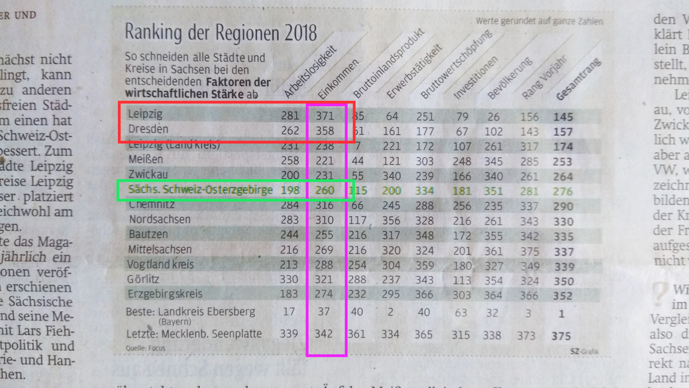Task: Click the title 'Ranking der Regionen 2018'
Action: click(x=221, y=32)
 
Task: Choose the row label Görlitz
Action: click(x=143, y=279)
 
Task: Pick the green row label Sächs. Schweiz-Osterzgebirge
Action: click(x=201, y=190)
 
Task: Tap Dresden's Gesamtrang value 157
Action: click(x=563, y=131)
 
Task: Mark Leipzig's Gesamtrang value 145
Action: click(x=563, y=117)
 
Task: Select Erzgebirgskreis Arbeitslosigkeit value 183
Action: click(x=290, y=294)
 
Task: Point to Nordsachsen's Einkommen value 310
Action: click(x=326, y=220)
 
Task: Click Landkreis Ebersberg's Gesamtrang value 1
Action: click(x=562, y=314)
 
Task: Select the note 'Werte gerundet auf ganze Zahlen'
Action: click(x=539, y=21)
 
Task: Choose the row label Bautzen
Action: click(x=148, y=234)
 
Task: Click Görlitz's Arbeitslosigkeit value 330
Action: click(x=290, y=279)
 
